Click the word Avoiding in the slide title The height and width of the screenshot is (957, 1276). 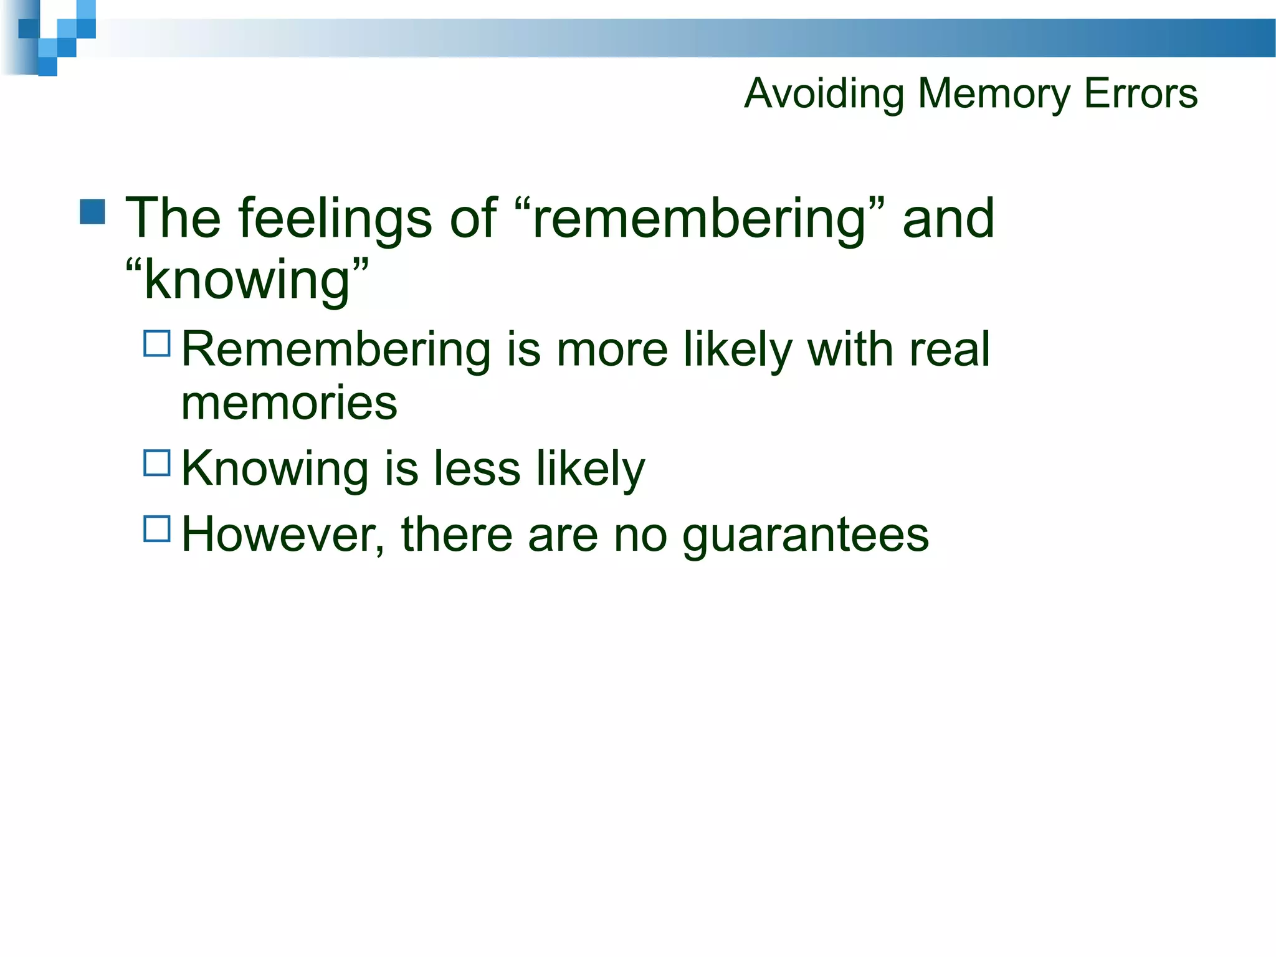click(x=824, y=93)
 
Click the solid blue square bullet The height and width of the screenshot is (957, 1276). click(x=93, y=212)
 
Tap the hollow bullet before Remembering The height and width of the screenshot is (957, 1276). click(x=157, y=343)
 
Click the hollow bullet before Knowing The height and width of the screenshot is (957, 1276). click(x=157, y=464)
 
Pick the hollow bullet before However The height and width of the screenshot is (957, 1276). click(x=157, y=528)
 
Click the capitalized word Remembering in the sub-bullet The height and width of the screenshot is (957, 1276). click(x=336, y=350)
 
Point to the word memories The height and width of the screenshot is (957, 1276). click(x=289, y=402)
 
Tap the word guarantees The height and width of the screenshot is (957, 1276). click(x=805, y=535)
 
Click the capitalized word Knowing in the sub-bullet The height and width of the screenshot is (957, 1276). click(x=275, y=469)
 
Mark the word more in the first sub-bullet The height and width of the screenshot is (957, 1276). click(x=612, y=350)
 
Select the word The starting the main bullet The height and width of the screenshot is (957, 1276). click(x=173, y=219)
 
